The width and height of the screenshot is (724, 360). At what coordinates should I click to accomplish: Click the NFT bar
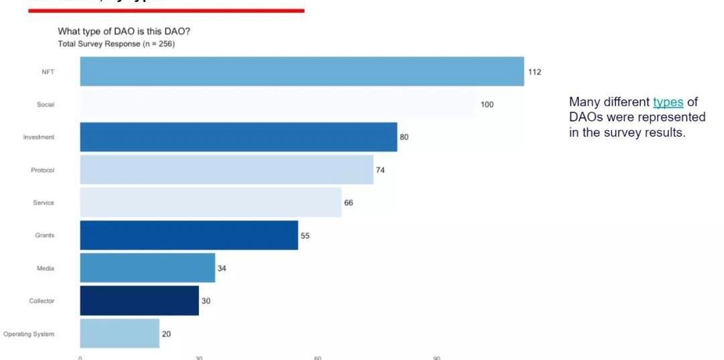click(x=302, y=72)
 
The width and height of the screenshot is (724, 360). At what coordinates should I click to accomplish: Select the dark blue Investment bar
click(x=238, y=137)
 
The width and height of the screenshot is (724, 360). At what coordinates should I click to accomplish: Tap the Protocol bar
click(x=227, y=170)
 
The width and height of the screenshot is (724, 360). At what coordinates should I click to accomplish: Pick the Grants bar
click(x=189, y=235)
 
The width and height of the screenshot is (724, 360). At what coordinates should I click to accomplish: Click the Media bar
click(x=147, y=268)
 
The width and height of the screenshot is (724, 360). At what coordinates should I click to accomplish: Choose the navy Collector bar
click(x=139, y=300)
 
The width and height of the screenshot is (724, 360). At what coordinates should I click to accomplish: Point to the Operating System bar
click(x=119, y=333)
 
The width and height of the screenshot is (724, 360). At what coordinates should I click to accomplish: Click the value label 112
click(x=534, y=72)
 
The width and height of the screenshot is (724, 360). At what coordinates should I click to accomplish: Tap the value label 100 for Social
click(x=487, y=105)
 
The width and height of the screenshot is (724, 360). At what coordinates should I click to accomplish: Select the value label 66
click(x=349, y=203)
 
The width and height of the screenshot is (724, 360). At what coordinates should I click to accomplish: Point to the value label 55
click(x=305, y=236)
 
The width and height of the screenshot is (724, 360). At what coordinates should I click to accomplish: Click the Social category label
click(x=46, y=105)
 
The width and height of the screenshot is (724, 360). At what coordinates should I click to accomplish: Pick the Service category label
click(x=44, y=202)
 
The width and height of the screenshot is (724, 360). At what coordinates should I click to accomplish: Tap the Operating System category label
click(x=29, y=334)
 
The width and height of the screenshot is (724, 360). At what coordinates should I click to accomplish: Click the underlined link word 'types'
click(x=668, y=102)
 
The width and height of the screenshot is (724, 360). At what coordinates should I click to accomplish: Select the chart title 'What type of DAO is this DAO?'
click(x=129, y=32)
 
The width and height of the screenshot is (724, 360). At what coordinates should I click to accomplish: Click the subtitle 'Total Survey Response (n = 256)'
click(x=117, y=44)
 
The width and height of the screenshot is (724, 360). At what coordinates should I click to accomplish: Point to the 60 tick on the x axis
click(x=318, y=357)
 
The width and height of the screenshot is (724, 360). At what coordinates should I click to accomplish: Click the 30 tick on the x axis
click(x=199, y=357)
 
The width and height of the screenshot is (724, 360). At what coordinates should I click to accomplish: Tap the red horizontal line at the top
click(x=166, y=11)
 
